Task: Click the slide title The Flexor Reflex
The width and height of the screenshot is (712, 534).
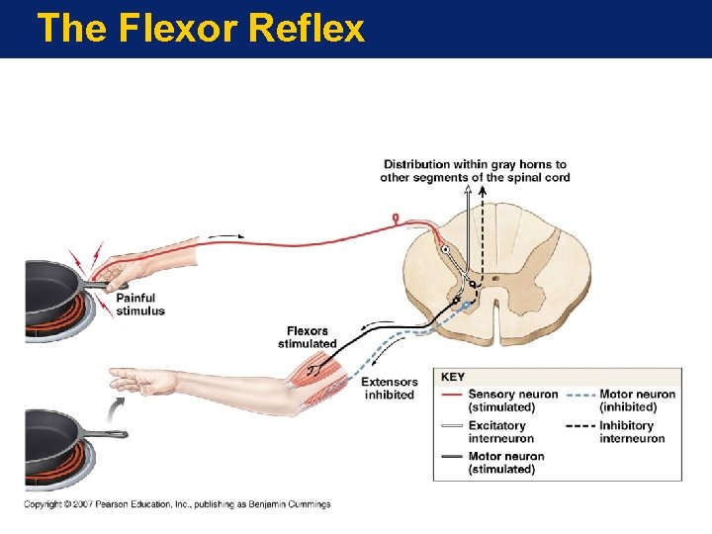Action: [x=200, y=29]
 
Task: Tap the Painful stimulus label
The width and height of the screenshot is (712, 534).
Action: [x=140, y=305]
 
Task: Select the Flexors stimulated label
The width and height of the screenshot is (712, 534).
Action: [x=307, y=337]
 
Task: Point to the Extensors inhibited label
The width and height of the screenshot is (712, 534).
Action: [x=388, y=389]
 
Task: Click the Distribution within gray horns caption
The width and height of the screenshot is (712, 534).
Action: [x=475, y=170]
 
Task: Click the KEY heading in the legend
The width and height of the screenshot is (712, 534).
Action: [x=452, y=377]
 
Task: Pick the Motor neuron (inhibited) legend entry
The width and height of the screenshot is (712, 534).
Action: [x=637, y=400]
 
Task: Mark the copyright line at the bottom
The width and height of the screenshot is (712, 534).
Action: [x=178, y=504]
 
